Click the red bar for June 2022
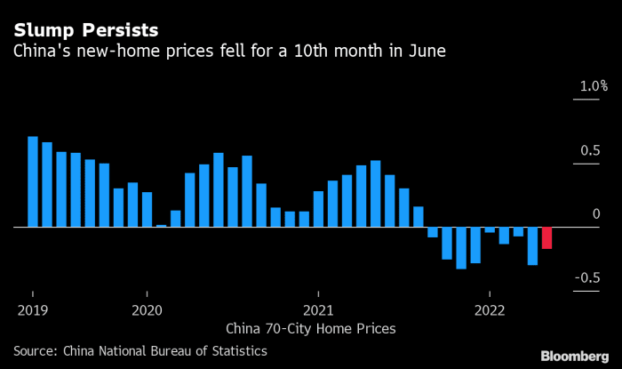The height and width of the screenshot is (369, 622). coord(546,237)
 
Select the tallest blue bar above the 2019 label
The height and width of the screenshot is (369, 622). coord(33,182)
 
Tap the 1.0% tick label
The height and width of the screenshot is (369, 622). coord(594,86)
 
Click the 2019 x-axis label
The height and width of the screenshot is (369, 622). coord(33,310)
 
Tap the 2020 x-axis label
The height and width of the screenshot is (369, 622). coord(147,310)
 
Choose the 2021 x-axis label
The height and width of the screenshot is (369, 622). coord(318,310)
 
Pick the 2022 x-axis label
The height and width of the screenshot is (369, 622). coord(490,310)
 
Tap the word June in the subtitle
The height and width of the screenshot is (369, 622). coord(427,52)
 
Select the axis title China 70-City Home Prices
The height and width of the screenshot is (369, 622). coord(311,328)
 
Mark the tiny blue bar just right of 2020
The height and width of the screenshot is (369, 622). coord(161,225)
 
